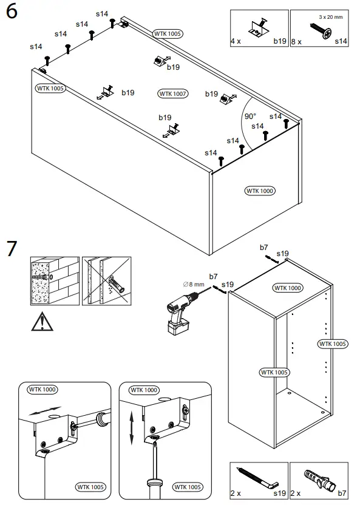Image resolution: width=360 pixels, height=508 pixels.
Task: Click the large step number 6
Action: click(12, 12)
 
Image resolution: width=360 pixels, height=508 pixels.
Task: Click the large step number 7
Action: click(12, 248)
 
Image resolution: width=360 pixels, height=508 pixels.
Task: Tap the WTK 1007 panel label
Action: click(172, 93)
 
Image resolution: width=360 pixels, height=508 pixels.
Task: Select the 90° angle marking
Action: click(250, 117)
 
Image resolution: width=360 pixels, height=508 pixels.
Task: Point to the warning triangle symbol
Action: click(42, 322)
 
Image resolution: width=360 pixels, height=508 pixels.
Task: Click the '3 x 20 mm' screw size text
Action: click(330, 17)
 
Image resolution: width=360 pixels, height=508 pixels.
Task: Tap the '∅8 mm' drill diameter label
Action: click(194, 285)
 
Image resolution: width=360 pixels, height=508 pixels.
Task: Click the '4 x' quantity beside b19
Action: click(236, 41)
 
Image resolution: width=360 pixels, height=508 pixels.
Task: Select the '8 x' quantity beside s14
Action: click(296, 42)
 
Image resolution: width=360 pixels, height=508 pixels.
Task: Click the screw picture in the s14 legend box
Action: click(321, 30)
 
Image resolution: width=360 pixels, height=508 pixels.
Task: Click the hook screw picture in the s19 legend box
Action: click(257, 477)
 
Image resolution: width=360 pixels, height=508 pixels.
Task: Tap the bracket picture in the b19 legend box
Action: click(260, 27)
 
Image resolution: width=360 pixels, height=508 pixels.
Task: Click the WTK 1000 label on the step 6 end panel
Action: click(260, 191)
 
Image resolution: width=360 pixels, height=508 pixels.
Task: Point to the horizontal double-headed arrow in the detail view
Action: click(45, 410)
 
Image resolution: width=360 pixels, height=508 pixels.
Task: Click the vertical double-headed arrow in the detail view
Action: click(132, 428)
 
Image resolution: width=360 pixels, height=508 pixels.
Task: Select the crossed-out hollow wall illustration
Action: click(107, 281)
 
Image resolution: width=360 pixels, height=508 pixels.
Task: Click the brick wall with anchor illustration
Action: click(55, 281)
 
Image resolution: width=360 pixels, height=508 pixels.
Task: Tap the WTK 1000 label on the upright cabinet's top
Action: click(288, 288)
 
